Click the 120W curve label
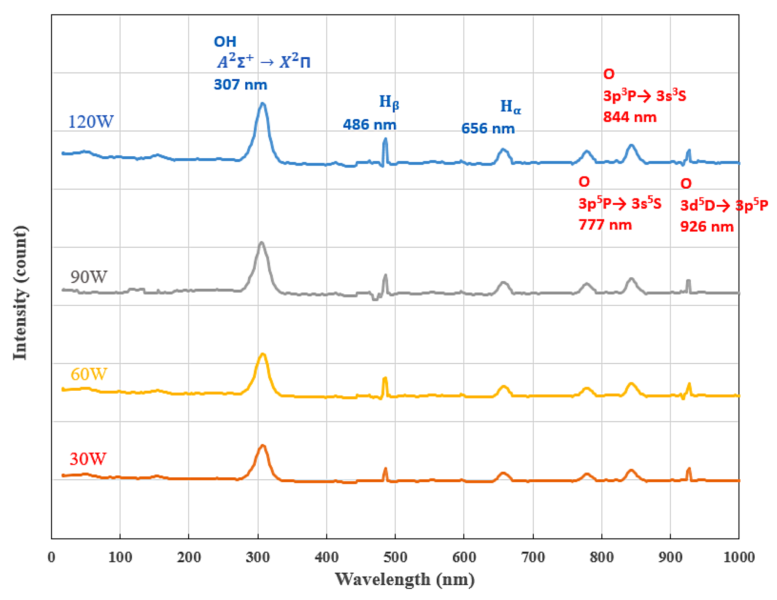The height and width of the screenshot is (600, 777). pyautogui.click(x=91, y=121)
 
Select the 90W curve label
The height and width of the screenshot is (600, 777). pyautogui.click(x=89, y=277)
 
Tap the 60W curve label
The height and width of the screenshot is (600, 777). pyautogui.click(x=89, y=374)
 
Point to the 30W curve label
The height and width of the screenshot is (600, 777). pyautogui.click(x=88, y=459)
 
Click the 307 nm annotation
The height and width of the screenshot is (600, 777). pyautogui.click(x=240, y=85)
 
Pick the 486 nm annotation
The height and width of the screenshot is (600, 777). pyautogui.click(x=369, y=124)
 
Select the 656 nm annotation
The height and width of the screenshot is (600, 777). pyautogui.click(x=488, y=128)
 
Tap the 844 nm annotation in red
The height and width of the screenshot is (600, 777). pyautogui.click(x=629, y=117)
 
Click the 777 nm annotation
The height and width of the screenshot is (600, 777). pyautogui.click(x=605, y=225)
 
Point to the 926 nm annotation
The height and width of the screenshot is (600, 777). pyautogui.click(x=707, y=226)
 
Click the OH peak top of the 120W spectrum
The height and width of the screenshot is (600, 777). pyautogui.click(x=263, y=104)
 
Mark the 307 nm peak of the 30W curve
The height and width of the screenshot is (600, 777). pyautogui.click(x=263, y=446)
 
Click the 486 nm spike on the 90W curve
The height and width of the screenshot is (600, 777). pyautogui.click(x=385, y=276)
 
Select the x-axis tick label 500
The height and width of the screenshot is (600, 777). pyautogui.click(x=395, y=557)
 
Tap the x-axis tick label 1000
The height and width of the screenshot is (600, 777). pyautogui.click(x=739, y=557)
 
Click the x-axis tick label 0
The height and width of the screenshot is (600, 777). pyautogui.click(x=51, y=557)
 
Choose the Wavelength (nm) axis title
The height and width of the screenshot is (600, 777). pyautogui.click(x=405, y=579)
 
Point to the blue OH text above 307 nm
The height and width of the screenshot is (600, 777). pyautogui.click(x=225, y=42)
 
